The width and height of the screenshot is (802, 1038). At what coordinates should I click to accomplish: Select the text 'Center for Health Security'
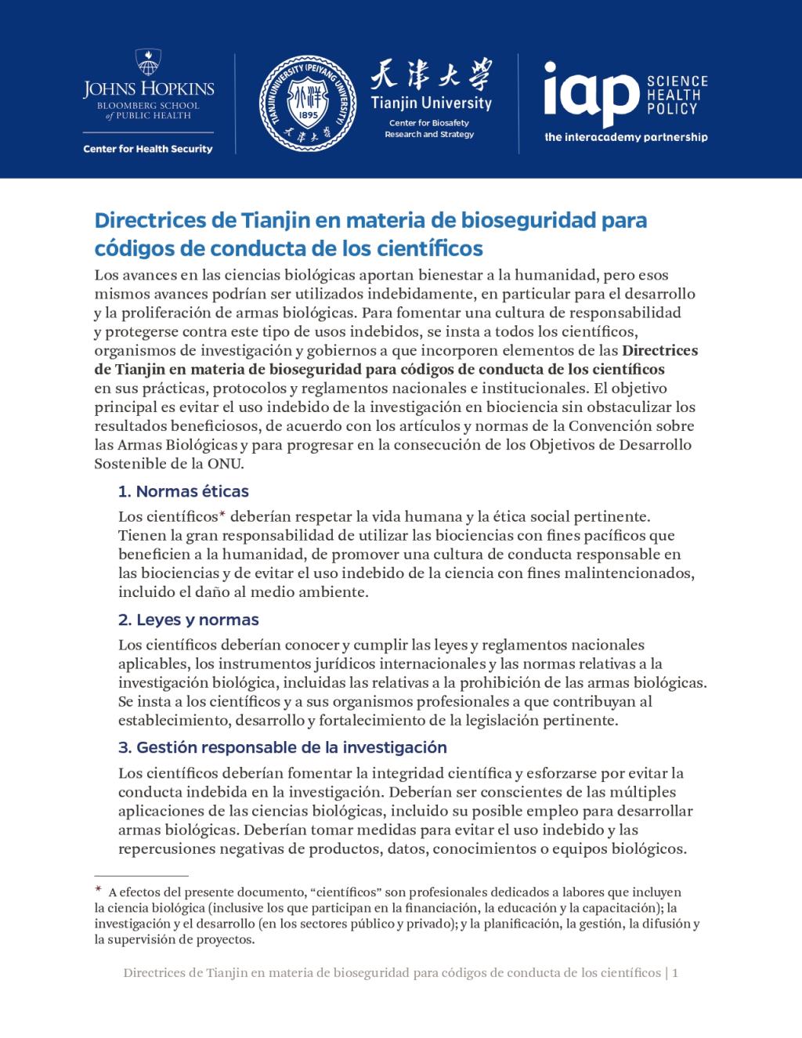pos(148,149)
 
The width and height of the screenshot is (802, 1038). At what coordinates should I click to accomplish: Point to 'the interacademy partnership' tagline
pos(626,137)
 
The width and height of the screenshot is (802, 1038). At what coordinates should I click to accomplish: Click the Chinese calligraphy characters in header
pos(431,78)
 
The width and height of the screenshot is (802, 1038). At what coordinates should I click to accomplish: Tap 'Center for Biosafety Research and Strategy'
pos(429,129)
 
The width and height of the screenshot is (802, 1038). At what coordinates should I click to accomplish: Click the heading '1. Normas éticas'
pos(183,492)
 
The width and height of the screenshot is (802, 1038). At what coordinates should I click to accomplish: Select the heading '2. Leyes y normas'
pos(188,620)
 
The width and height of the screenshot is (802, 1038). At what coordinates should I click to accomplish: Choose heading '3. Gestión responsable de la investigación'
pos(282,747)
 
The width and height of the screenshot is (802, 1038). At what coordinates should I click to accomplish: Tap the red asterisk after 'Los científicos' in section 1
pos(222,515)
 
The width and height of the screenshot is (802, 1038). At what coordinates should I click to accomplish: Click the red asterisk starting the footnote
pos(99,890)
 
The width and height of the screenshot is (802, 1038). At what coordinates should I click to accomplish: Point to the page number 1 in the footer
pos(674,973)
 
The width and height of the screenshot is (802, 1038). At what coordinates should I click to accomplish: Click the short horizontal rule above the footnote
pos(141,875)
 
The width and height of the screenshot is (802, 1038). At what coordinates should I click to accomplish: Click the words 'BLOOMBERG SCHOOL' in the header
pos(148,106)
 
